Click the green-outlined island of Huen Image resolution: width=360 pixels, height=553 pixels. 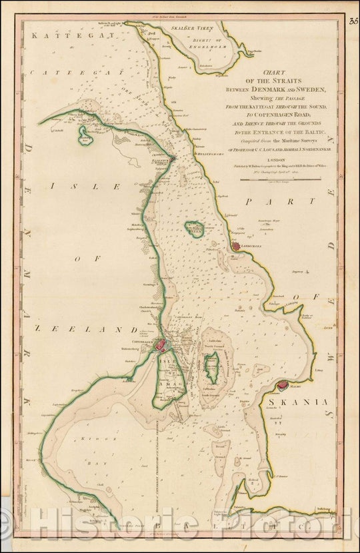[x=194, y=229]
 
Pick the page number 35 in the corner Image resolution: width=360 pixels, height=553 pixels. [x=353, y=21]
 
